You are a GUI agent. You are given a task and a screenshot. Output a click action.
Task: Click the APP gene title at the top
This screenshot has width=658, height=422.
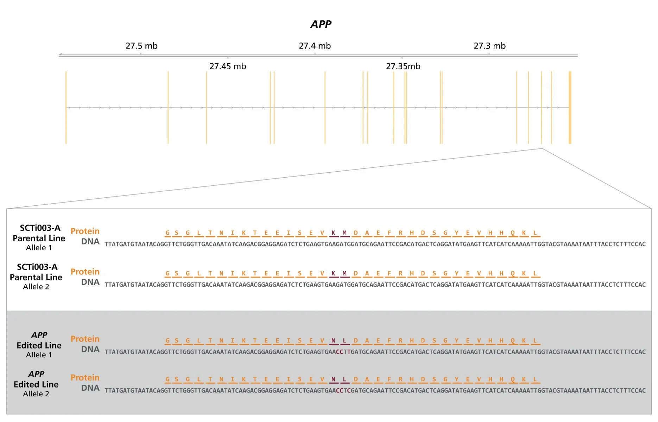click(321, 24)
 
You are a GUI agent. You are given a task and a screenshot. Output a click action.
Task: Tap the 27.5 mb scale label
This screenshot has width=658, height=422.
click(141, 46)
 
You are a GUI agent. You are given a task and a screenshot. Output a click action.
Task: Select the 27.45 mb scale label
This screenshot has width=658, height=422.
click(228, 66)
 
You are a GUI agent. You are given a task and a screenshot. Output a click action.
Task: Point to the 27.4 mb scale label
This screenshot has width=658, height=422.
click(315, 46)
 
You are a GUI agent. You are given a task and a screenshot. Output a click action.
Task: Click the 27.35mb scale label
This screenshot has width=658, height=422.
click(403, 66)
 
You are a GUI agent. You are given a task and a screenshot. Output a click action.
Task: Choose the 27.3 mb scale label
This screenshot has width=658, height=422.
click(489, 46)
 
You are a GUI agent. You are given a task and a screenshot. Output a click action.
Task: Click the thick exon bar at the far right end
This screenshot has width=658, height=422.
click(570, 107)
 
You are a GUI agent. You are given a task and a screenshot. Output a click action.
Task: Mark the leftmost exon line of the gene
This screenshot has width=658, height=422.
click(66, 107)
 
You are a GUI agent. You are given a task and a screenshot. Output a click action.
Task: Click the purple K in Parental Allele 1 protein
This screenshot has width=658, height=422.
click(333, 233)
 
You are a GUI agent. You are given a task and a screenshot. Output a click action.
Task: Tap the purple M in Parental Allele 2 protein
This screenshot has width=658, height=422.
click(344, 273)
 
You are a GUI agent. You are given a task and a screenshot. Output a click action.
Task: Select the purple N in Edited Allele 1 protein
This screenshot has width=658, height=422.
click(333, 340)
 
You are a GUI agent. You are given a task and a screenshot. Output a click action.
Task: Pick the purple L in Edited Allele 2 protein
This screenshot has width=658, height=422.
click(344, 379)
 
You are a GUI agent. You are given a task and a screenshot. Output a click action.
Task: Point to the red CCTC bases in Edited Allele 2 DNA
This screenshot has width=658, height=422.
click(343, 390)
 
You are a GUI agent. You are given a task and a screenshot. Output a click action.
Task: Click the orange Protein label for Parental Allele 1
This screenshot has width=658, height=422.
click(85, 231)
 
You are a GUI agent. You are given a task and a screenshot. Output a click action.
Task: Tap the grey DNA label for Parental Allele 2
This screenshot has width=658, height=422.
click(90, 282)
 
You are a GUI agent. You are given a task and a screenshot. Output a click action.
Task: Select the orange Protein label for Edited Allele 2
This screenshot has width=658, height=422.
click(85, 377)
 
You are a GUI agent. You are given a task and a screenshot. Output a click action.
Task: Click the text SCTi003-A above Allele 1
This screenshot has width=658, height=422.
click(40, 228)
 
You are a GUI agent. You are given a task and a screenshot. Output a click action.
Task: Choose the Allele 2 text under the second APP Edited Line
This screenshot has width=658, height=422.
click(36, 394)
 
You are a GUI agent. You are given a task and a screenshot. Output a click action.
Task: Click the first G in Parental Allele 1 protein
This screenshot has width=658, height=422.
click(167, 233)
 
